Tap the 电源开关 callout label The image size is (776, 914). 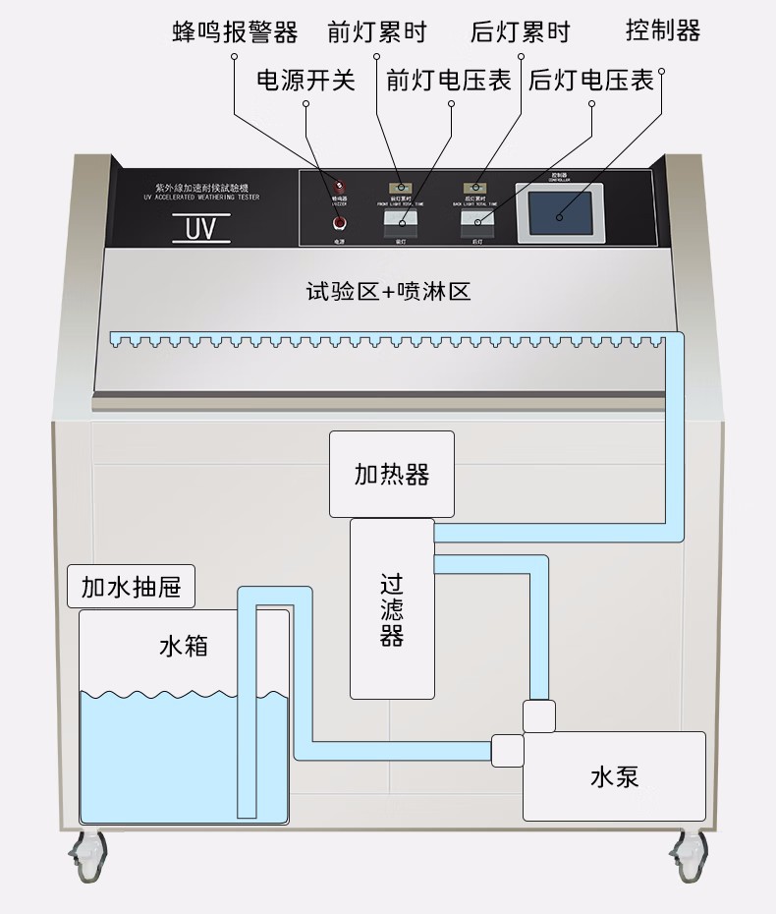pyautogui.click(x=305, y=80)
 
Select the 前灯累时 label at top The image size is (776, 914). pyautogui.click(x=377, y=31)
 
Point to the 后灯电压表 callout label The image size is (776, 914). pyautogui.click(x=591, y=80)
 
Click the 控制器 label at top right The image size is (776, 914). pyautogui.click(x=663, y=29)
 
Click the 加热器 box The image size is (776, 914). pyautogui.click(x=392, y=474)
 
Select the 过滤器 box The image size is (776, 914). pyautogui.click(x=392, y=609)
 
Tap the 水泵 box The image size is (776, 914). pyautogui.click(x=614, y=775)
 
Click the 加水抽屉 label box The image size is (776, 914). pyautogui.click(x=131, y=588)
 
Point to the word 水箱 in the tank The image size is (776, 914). pyautogui.click(x=184, y=646)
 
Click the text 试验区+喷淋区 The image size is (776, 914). pyautogui.click(x=389, y=291)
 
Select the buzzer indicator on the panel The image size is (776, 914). pyautogui.click(x=341, y=185)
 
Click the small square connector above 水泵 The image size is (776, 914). pyautogui.click(x=540, y=715)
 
